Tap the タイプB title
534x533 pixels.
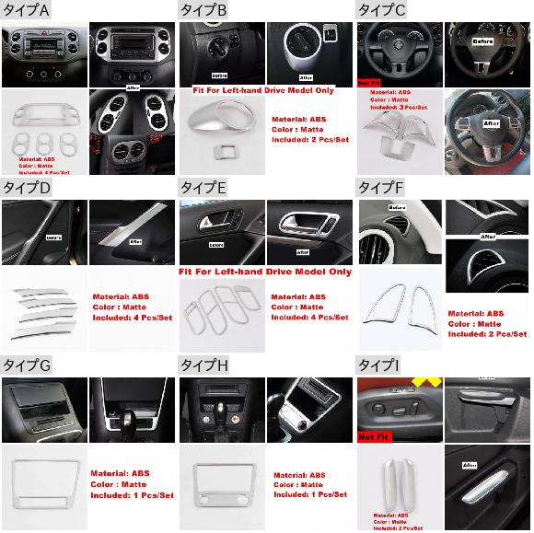point(204,9)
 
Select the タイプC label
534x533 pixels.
point(383,9)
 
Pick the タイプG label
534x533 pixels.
point(27,366)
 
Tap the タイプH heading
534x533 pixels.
point(204,366)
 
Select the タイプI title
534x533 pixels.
point(378,366)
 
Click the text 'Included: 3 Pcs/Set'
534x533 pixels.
point(399,108)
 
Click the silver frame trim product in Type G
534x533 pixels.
point(44,486)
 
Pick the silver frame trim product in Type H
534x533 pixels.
point(221,486)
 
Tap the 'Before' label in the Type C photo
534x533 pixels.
point(483,42)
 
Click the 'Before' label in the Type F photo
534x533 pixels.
point(397,209)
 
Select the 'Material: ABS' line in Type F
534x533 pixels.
point(476,313)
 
